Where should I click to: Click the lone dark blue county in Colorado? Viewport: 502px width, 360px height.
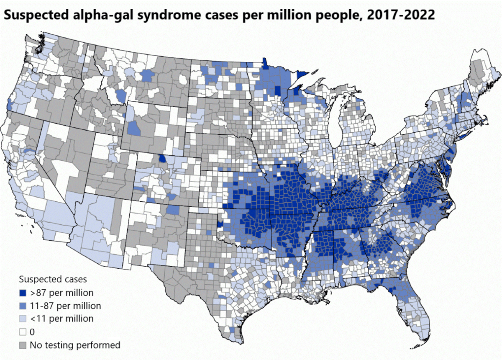coord(162,159)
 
